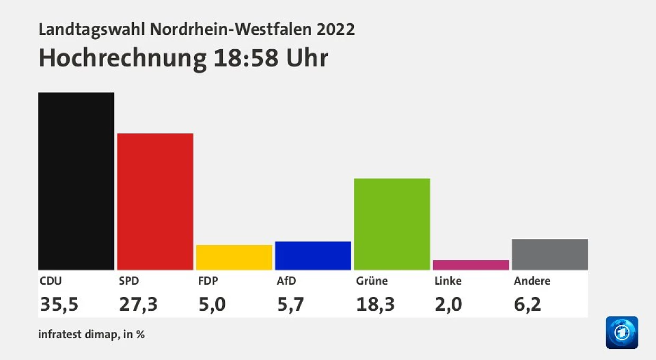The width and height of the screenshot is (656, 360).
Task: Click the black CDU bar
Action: coord(76,181)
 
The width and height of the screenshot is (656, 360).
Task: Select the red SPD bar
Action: coord(155,202)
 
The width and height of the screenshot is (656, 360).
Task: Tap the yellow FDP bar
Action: coord(234,257)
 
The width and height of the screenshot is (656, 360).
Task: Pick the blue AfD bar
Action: coord(313,256)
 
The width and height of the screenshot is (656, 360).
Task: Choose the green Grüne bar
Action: coord(392,224)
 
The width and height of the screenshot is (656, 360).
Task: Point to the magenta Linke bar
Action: coord(471,265)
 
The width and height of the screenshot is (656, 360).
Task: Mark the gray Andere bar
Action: coord(550,255)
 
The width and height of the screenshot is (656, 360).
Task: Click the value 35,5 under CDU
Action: coord(59,304)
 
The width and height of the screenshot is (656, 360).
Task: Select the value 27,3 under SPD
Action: coord(138,304)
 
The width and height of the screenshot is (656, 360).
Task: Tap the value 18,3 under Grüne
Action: coord(376,304)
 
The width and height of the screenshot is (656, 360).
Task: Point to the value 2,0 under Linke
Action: coord(449,304)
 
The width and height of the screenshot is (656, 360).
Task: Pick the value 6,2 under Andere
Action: coord(527,304)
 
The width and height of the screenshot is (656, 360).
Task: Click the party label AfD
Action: coord(286,281)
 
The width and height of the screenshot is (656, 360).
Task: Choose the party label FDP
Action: coord(208,281)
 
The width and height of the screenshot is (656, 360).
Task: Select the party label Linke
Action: coord(448,281)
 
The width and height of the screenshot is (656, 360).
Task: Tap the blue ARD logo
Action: coord(622,332)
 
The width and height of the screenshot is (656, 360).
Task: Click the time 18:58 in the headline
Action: coord(246,58)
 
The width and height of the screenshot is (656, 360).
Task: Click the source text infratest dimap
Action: coord(78,334)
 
